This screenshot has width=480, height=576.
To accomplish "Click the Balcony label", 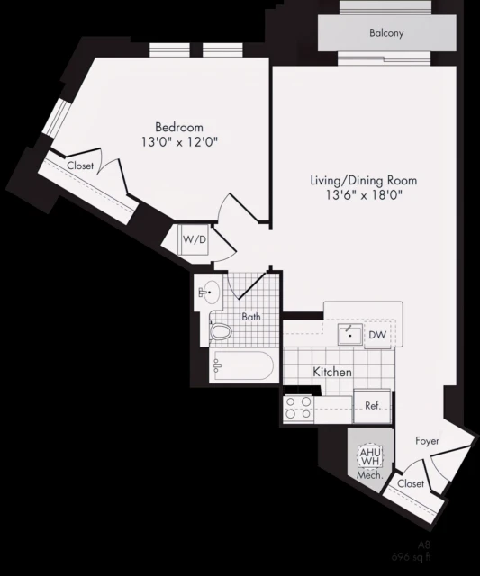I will tap(386, 34).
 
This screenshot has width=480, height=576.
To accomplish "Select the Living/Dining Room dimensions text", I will tap(363, 195).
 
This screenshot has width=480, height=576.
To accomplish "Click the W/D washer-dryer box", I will tap(195, 240).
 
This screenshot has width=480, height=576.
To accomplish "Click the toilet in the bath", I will tap(221, 332).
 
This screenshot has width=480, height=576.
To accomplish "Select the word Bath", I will tap(251, 316).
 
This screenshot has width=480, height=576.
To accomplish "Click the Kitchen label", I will tap(332, 372).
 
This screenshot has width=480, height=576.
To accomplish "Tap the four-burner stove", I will tap(300, 408).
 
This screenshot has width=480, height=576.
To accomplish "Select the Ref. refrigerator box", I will tap(371, 406).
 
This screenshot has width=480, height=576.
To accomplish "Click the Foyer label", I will tap(428, 441).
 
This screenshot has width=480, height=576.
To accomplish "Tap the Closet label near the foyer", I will tap(411, 484).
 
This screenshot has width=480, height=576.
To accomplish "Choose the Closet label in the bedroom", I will tap(81, 166).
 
